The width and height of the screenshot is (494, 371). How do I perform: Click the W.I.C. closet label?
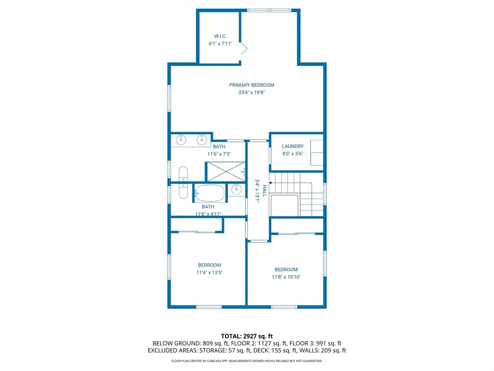(x=220, y=36)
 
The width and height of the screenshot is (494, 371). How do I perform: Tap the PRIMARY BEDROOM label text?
(x=251, y=85)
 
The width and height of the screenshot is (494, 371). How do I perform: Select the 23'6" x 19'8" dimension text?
(x=251, y=92)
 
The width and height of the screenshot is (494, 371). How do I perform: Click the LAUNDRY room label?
(x=293, y=146)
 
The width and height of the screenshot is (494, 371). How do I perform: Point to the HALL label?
(x=265, y=191)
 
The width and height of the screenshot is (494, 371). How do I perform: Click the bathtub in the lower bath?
(x=209, y=193)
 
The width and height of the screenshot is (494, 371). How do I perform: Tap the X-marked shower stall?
(x=225, y=171)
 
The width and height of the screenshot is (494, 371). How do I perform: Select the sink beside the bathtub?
(x=236, y=189)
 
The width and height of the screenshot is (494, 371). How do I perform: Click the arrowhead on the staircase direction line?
(x=270, y=183)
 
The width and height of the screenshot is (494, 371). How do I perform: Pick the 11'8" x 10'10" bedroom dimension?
(x=286, y=277)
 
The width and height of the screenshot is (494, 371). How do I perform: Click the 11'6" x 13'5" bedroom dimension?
(x=209, y=272)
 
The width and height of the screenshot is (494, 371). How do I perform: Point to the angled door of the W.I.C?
(x=244, y=49)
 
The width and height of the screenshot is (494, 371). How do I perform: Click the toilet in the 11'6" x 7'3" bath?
(x=183, y=174)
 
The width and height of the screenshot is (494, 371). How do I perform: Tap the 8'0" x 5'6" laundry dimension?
(x=293, y=154)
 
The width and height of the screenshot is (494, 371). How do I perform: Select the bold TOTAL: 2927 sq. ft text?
(x=247, y=336)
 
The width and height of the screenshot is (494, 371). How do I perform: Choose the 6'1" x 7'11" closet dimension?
(x=220, y=44)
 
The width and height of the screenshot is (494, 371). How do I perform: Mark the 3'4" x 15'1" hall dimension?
(x=258, y=191)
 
